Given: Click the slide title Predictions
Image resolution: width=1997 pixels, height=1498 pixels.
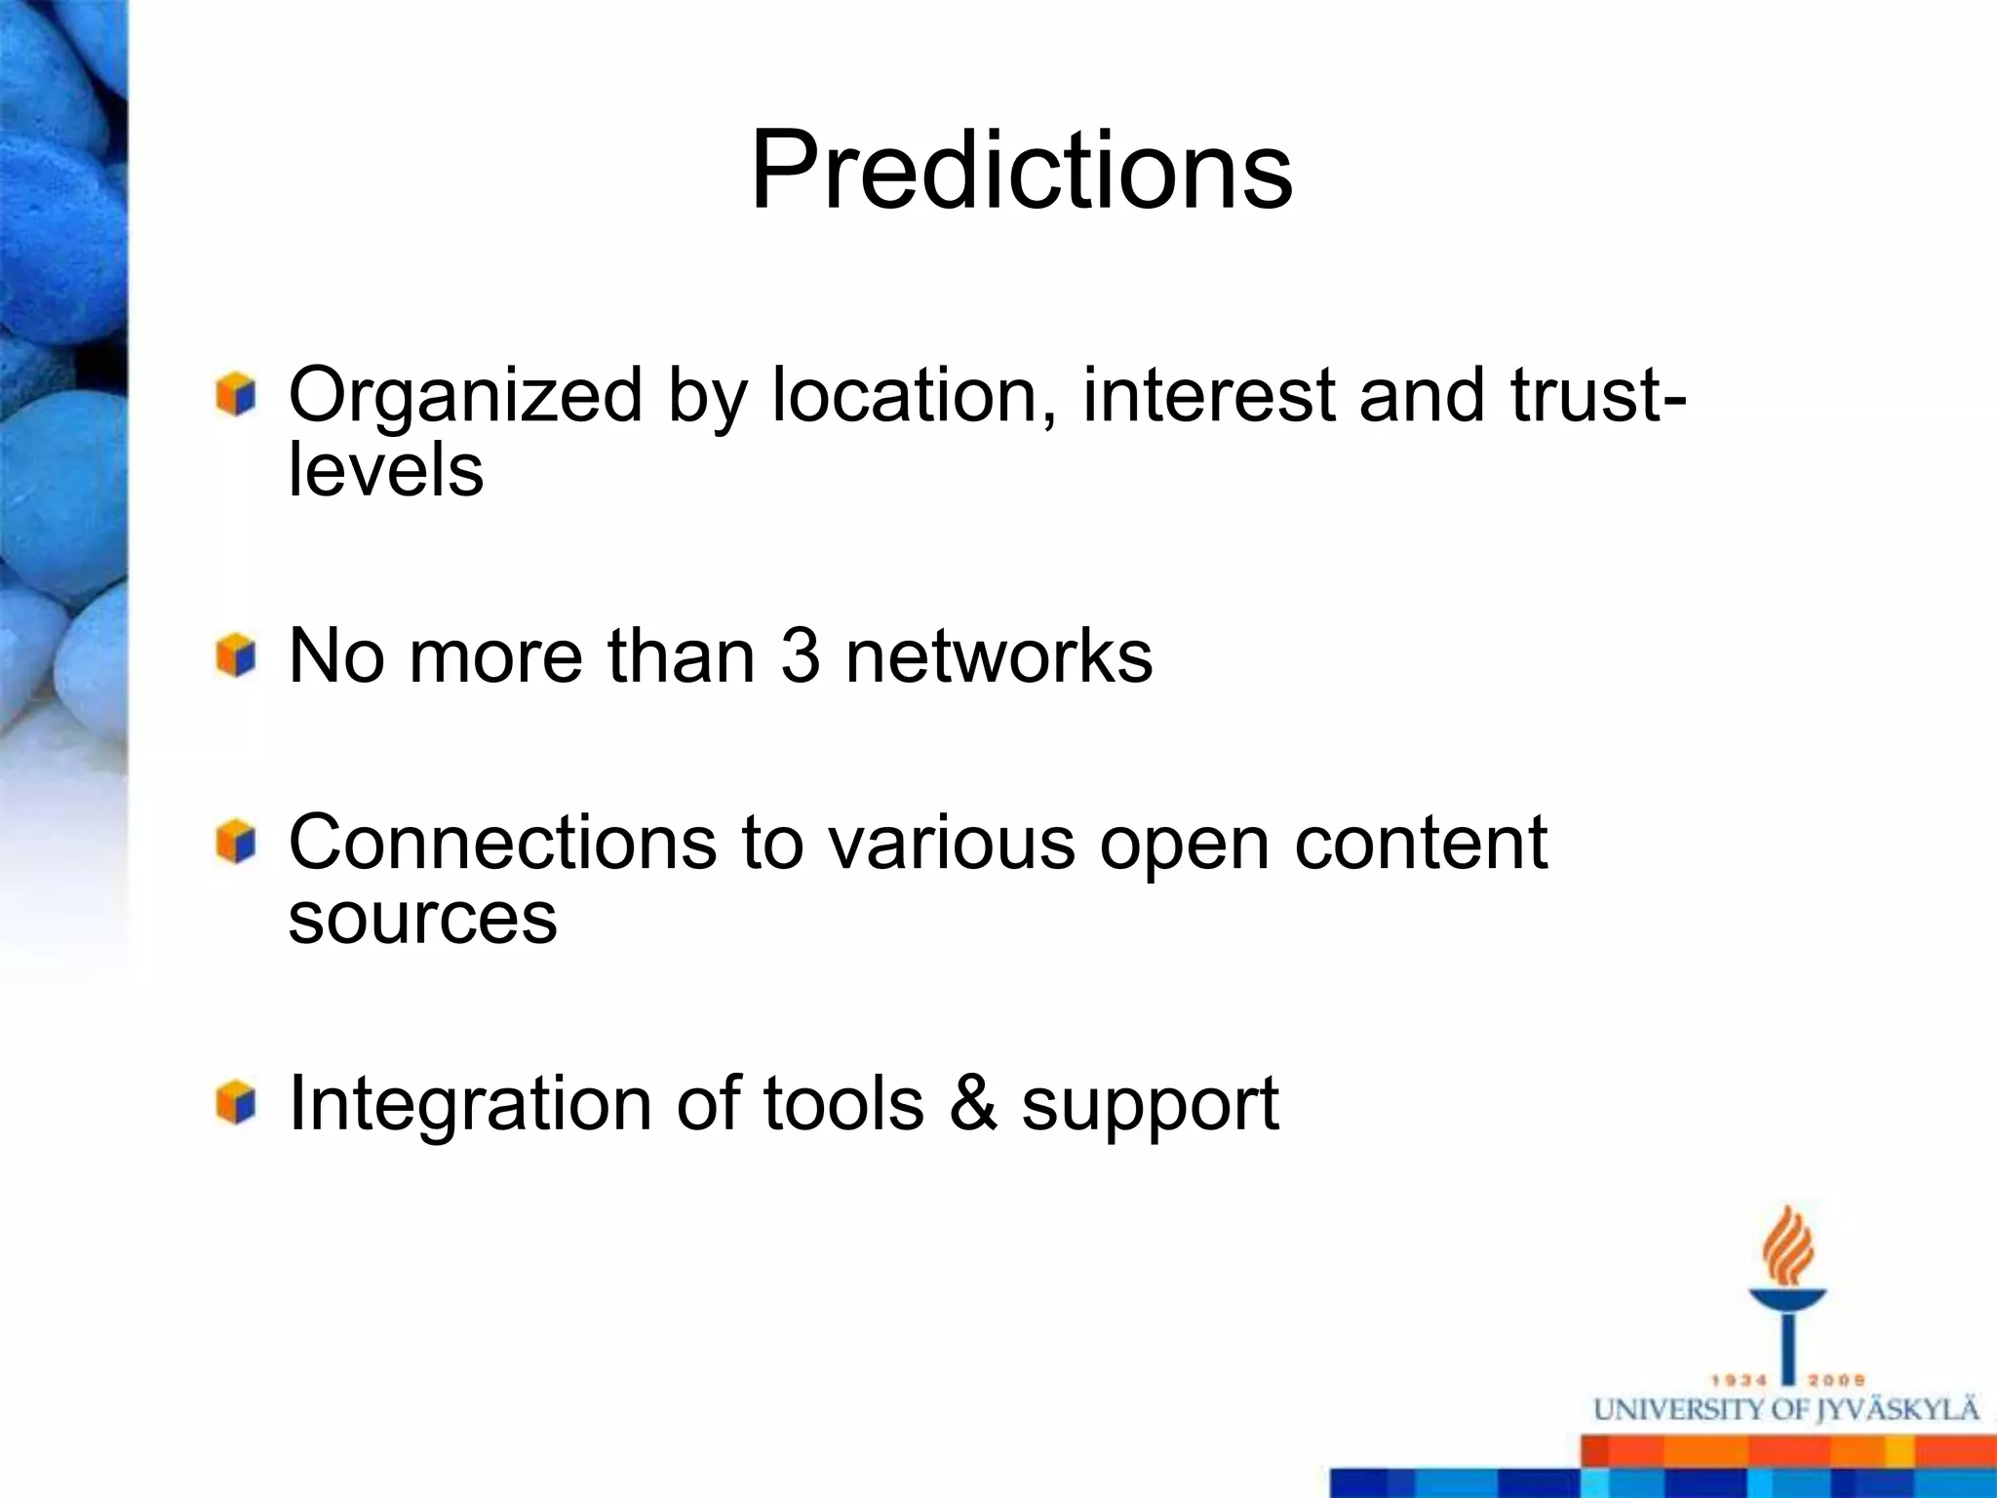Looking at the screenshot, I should [x=1021, y=171].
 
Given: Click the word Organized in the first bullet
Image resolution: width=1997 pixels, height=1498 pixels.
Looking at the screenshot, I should [x=464, y=396].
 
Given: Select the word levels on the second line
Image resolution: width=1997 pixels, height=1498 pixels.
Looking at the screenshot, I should [x=386, y=471].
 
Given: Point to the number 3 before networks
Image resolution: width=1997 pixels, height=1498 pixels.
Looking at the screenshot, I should [x=801, y=655].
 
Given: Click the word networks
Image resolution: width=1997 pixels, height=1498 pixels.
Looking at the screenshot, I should [x=998, y=655].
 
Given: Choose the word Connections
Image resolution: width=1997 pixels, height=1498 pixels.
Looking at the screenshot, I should [x=502, y=843].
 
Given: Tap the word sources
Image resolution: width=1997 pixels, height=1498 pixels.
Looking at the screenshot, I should [x=422, y=918].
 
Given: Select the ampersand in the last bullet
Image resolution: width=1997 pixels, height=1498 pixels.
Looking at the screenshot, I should [x=972, y=1105].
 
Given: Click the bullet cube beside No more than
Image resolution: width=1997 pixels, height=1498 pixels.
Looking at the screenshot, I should [x=236, y=655].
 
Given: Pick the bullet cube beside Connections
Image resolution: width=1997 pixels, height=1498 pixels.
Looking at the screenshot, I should [x=236, y=843].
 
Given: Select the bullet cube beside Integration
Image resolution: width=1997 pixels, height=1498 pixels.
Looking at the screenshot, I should [x=236, y=1103].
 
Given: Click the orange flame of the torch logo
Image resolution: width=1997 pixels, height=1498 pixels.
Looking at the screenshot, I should [x=1786, y=1248].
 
